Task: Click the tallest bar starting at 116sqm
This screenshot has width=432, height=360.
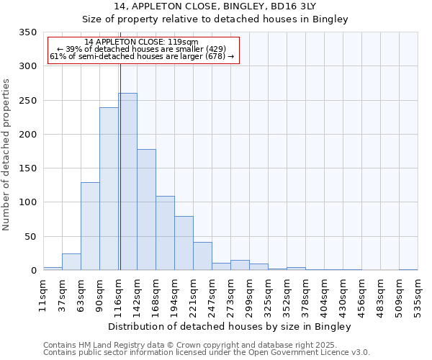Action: point(127,181)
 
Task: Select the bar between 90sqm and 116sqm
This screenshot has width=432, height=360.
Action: point(109,189)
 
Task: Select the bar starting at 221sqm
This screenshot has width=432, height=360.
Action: point(202,256)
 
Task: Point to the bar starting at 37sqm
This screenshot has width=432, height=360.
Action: point(71,262)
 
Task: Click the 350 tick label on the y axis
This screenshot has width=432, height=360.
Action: point(28,32)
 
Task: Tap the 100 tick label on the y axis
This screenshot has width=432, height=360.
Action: point(28,202)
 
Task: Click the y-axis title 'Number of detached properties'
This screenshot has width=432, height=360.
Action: point(7,155)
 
